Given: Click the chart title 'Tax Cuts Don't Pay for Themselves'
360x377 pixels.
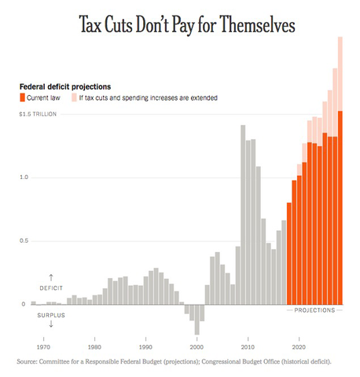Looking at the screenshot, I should (186, 25).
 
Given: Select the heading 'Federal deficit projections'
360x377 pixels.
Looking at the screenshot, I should (64, 86).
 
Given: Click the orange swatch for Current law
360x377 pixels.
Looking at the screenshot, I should (24, 97).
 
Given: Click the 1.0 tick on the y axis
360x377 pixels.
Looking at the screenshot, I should (24, 178).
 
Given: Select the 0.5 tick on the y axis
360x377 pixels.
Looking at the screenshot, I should (24, 241).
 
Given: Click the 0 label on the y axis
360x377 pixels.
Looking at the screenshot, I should (23, 304).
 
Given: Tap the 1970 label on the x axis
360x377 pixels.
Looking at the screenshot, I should (43, 346).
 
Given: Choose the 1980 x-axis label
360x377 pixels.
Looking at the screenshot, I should (94, 346).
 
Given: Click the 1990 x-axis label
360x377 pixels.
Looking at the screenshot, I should (145, 346).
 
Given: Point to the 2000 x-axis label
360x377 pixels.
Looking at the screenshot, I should (197, 346).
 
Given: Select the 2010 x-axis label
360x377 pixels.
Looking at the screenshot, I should (248, 346).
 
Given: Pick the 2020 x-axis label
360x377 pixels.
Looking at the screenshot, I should (299, 346).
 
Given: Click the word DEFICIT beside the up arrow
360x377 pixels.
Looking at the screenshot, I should (51, 288).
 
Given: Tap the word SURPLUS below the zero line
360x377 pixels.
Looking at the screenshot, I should (51, 314).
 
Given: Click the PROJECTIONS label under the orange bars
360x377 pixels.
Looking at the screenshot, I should (314, 310).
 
